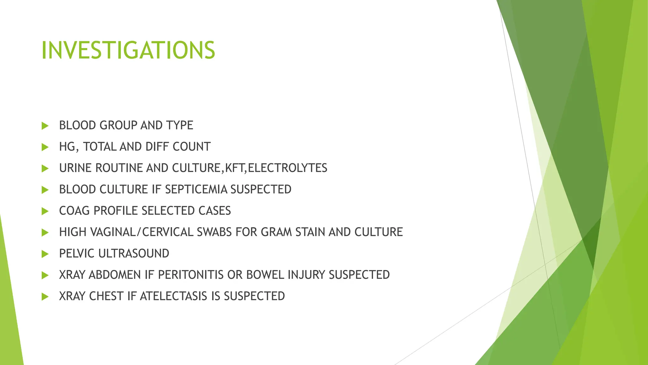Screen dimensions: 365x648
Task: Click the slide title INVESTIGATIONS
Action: pos(128,50)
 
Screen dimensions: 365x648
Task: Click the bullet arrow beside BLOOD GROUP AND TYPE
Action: pos(45,126)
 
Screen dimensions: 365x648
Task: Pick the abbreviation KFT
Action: pos(235,168)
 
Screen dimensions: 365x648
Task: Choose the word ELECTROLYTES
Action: pos(287,168)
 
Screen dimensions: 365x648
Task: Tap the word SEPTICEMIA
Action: pos(196,189)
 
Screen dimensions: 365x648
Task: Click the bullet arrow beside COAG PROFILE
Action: pos(45,211)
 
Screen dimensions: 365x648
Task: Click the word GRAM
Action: pos(277,232)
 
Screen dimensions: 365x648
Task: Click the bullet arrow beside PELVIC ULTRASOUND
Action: pos(45,254)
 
